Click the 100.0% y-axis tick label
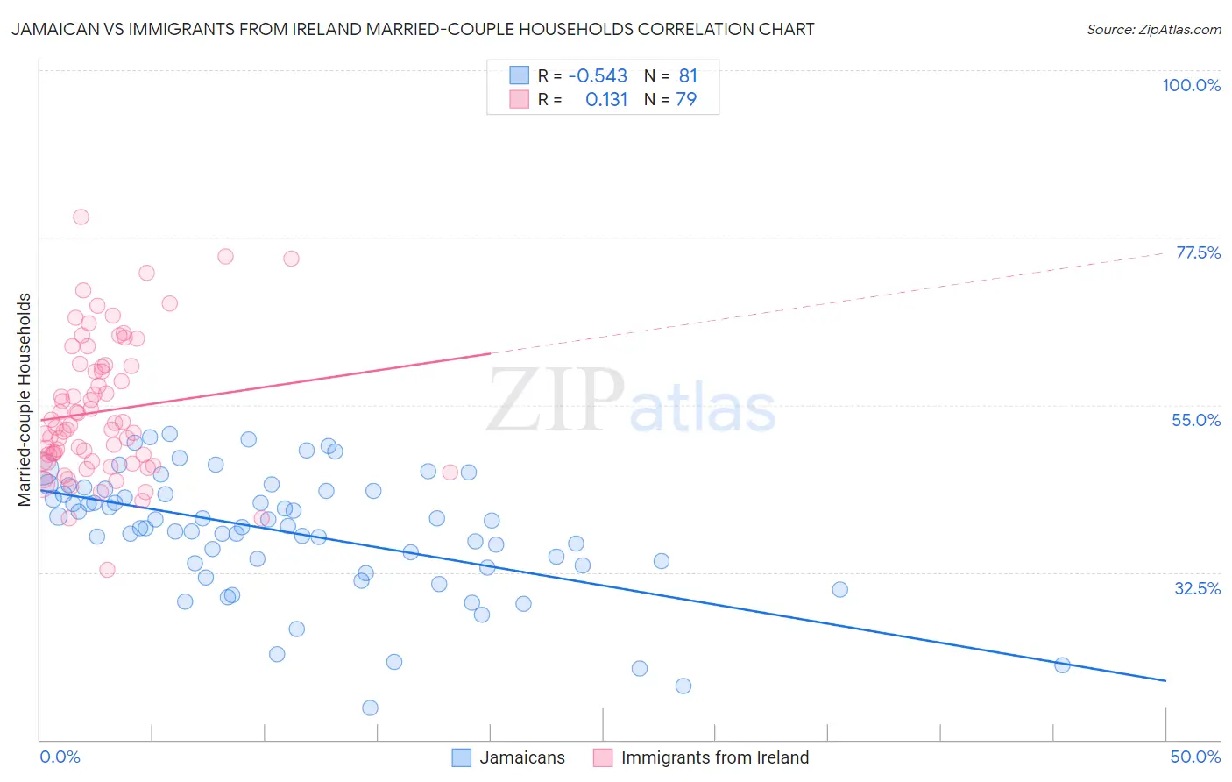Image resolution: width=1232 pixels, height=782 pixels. [1191, 85]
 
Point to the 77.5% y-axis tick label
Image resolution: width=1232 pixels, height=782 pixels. [1198, 252]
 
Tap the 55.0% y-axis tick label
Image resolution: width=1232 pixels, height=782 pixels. [1196, 420]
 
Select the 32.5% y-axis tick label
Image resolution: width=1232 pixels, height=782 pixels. [1197, 588]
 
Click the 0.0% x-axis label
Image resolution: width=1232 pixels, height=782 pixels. [60, 757]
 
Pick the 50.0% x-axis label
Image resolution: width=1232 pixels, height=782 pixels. [1195, 757]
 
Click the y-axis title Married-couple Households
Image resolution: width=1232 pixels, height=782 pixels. [25, 400]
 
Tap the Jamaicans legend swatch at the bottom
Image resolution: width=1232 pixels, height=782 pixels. [462, 757]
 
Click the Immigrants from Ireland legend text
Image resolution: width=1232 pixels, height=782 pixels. [715, 757]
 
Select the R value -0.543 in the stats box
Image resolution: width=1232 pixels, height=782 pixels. [598, 76]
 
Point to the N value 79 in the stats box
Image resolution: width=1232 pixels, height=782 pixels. [686, 100]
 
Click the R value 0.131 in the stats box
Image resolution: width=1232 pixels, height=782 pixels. [606, 100]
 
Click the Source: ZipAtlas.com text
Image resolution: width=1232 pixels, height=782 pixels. [1153, 30]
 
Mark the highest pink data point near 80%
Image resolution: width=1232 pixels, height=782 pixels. [81, 217]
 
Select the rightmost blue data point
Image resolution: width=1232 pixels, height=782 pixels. [1062, 665]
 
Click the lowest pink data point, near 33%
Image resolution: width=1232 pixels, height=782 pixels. [107, 570]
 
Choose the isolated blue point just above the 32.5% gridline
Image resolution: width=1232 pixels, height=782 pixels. [839, 590]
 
